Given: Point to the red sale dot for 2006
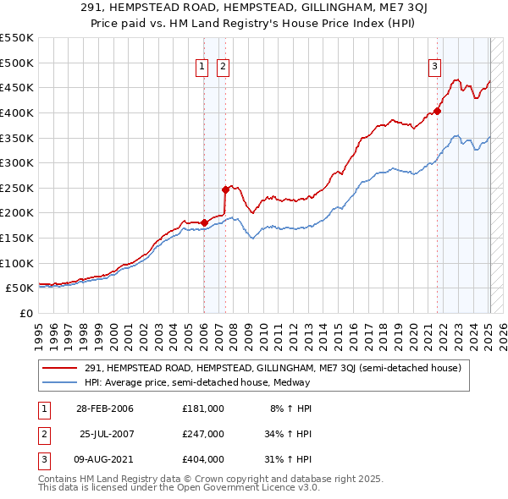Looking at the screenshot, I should pos(204,222).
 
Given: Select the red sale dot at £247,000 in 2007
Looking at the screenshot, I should pos(225,189).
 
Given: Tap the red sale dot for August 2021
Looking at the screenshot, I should pos(438,111).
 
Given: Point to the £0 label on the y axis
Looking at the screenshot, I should pos(26,313).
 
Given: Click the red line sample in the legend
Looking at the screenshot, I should pos(59,369).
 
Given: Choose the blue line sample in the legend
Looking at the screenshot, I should pos(59,382).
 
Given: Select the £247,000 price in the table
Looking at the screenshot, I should pos(202,434).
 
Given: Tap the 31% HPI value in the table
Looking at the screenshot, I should pos(289,459).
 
